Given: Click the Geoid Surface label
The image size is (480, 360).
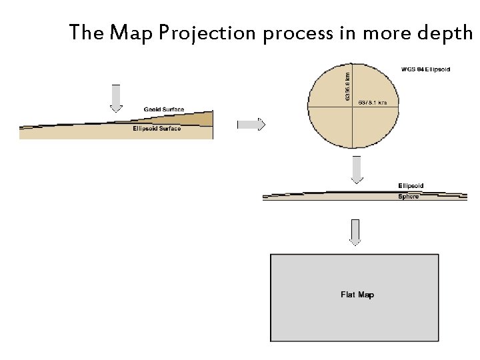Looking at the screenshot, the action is coord(164,109).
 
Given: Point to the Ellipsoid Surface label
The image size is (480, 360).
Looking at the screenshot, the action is coord(157,128).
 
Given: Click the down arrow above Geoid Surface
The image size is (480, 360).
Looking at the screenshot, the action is coord(115,97).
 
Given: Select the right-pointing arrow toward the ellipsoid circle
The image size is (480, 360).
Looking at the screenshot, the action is coord(251,124).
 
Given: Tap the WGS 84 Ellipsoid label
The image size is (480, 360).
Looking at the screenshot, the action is coord(425,69).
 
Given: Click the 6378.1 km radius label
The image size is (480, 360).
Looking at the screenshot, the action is coord(377,103).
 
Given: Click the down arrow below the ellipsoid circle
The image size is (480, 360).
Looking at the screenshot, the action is coord(357,169).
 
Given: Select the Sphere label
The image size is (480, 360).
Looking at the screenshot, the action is coord(409,197).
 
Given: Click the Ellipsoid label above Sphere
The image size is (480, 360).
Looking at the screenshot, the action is coord(411,185).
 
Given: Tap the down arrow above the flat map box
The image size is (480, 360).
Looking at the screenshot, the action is coord(355,232).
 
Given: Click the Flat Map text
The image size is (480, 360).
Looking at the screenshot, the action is coord(357,295).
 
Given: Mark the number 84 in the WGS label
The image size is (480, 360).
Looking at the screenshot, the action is coord(420,69).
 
